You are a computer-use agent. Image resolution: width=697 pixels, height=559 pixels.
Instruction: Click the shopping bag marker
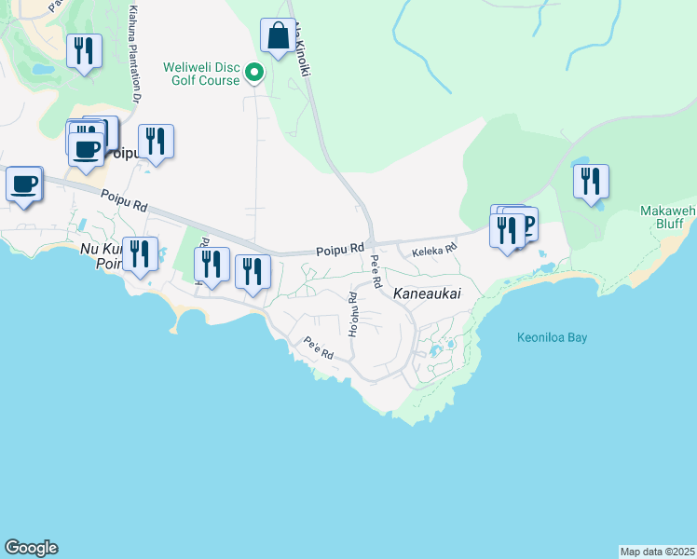[x=278, y=37]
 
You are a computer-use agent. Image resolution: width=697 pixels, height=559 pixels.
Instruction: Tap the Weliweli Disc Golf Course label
[x=201, y=74]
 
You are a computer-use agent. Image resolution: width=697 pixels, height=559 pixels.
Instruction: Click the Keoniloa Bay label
[x=552, y=337]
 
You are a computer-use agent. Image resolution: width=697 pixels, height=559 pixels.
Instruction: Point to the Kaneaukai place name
[x=427, y=293]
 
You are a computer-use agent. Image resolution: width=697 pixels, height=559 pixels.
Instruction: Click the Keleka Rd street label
[x=434, y=249]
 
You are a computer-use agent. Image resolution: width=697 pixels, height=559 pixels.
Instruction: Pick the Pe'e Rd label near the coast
[x=319, y=348]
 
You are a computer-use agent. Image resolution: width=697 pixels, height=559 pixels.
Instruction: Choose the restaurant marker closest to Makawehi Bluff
[x=591, y=182]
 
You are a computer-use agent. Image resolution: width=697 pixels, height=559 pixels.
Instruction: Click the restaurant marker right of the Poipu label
[x=156, y=142]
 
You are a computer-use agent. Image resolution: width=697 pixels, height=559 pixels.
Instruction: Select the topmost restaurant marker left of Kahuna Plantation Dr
[x=85, y=52]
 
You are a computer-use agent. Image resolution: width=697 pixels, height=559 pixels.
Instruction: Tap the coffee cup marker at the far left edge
[x=24, y=184]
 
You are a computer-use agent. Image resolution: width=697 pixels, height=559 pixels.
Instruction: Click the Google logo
[x=31, y=548]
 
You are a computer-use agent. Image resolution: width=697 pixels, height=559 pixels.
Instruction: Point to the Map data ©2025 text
[x=657, y=552]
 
